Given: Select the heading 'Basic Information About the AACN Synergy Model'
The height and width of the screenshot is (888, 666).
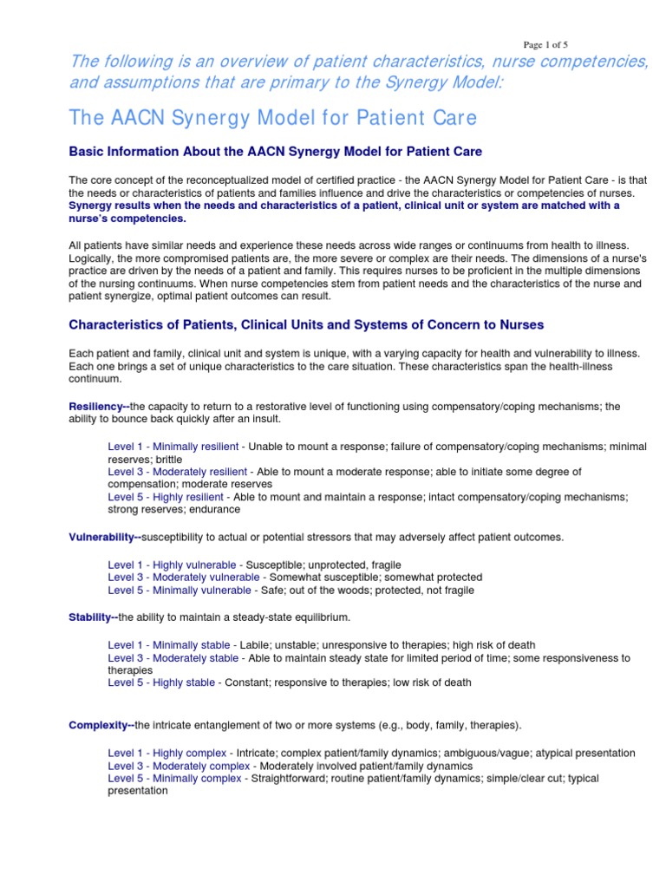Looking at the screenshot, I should pyautogui.click(x=275, y=151).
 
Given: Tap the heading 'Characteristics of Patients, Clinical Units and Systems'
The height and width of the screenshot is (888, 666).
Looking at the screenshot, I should pyautogui.click(x=306, y=324).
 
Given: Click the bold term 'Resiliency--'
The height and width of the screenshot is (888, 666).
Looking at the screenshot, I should pyautogui.click(x=99, y=407).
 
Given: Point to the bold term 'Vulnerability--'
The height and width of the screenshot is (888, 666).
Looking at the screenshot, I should pyautogui.click(x=105, y=537).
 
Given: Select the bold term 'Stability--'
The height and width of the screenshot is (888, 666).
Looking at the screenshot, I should pyautogui.click(x=93, y=617).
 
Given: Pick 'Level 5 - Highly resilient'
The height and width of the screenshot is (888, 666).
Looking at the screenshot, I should pyautogui.click(x=166, y=497).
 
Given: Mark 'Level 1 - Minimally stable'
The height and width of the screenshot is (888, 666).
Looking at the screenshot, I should pyautogui.click(x=169, y=645).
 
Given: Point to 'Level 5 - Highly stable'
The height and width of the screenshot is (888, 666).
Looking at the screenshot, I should pyautogui.click(x=161, y=682).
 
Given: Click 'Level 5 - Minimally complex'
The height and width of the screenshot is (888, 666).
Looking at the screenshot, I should pyautogui.click(x=175, y=778).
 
